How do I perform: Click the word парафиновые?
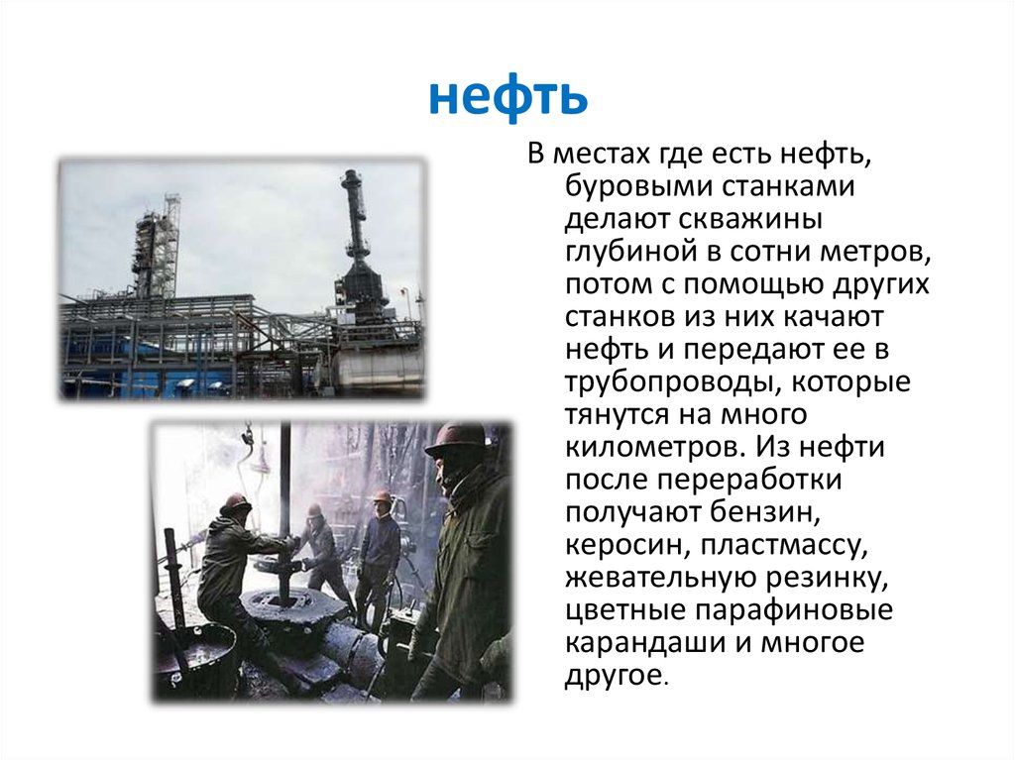[785, 609]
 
